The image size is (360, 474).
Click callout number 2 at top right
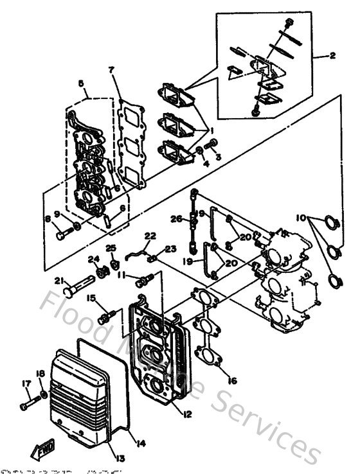tap(332, 56)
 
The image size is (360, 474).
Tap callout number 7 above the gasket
tap(111, 69)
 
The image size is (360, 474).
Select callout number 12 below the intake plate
tap(187, 414)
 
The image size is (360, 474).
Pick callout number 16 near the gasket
tap(232, 381)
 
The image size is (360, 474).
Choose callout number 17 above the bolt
tap(26, 383)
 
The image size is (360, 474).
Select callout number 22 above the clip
tap(150, 236)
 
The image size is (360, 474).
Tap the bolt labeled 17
tap(30, 405)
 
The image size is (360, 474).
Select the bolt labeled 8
tap(62, 236)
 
